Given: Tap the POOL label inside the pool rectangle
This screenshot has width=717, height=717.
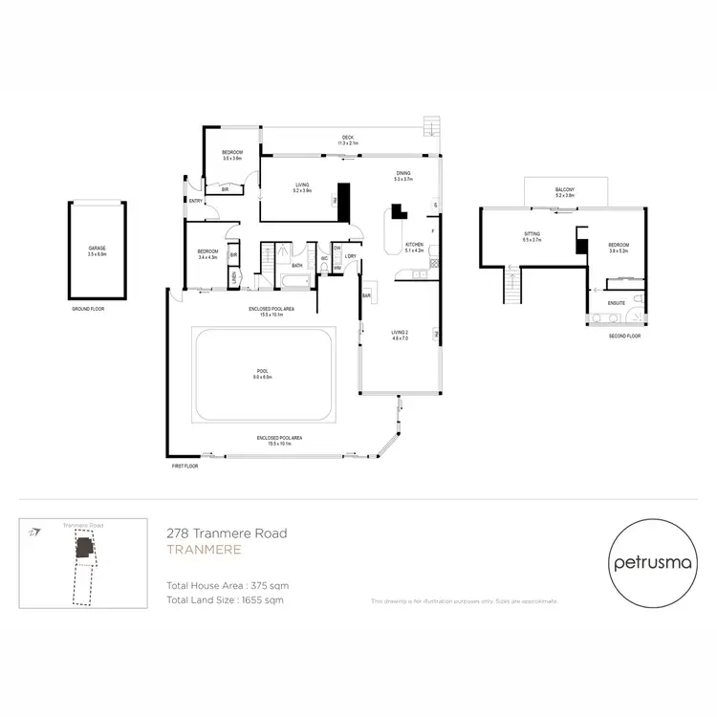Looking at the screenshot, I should tap(263, 371).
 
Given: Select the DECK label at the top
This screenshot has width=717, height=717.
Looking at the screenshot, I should tap(348, 138).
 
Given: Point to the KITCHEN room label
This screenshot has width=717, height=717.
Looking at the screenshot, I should tap(414, 246).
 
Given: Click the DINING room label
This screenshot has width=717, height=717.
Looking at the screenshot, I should tap(402, 173).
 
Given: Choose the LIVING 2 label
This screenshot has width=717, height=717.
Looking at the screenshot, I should tap(400, 333).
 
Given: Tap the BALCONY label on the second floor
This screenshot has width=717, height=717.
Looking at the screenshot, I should tap(565, 189).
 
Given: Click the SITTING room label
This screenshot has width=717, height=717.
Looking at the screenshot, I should tap(532, 235).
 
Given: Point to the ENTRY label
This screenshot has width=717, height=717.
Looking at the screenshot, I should tap(195, 201).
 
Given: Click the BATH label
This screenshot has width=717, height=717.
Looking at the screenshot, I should tap(297, 266).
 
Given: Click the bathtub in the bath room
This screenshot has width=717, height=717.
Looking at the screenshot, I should tap(293, 281).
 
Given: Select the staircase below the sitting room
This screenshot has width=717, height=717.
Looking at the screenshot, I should tap(513, 286).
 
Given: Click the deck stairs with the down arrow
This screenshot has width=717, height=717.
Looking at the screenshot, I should tap(432, 127).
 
